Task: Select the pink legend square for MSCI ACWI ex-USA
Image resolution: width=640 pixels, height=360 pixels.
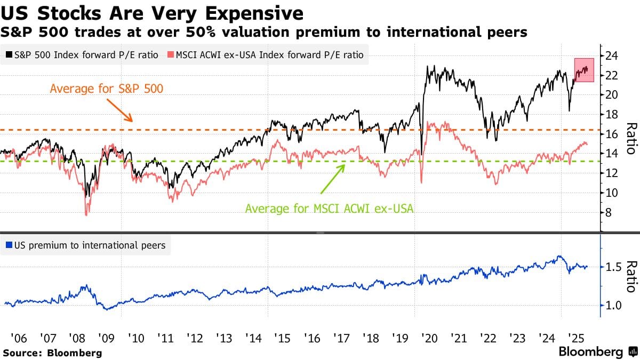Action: point(171,55)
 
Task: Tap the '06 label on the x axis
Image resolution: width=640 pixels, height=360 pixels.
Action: point(19,338)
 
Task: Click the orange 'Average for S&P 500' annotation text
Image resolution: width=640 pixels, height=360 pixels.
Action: point(107,88)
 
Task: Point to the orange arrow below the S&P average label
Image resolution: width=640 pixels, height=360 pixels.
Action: point(120,110)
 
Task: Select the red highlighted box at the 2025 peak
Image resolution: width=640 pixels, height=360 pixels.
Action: point(584,70)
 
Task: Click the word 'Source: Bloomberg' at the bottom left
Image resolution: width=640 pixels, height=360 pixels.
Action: point(52,353)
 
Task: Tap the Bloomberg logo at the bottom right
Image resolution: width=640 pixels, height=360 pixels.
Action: point(597,352)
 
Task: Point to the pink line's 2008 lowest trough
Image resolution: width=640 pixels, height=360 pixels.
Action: point(86,214)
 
